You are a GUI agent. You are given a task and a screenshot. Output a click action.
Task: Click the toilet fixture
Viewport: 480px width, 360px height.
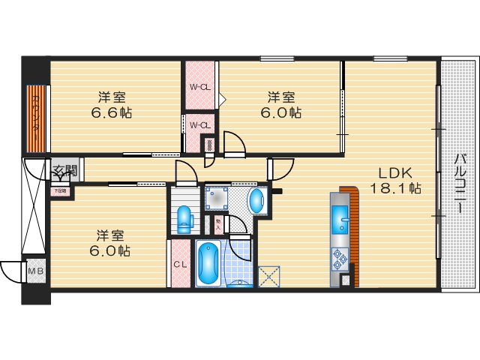pos(184,217)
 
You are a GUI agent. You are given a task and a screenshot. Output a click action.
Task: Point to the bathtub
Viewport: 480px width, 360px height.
pos(206,262)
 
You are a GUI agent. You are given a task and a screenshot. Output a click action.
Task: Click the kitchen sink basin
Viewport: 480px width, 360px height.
pos(340,220)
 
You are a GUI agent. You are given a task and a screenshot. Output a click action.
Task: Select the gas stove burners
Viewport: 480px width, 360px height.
pos(337,259)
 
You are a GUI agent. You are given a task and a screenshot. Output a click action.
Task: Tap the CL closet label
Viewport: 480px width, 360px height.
pos(180,265)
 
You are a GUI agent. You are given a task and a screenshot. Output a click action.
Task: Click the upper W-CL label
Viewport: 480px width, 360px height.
pos(200,87)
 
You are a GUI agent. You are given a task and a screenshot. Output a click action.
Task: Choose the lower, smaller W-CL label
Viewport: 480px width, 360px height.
pos(199,124)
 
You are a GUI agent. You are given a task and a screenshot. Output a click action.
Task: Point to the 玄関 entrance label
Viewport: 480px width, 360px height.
pos(63,171)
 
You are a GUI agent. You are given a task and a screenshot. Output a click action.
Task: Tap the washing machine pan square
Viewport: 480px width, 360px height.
pos(217,199)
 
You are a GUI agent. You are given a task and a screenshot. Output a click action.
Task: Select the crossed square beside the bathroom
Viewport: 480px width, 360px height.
pos(268,277)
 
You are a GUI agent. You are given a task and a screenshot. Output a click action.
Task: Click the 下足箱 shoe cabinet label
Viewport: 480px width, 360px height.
pos(59,190)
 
